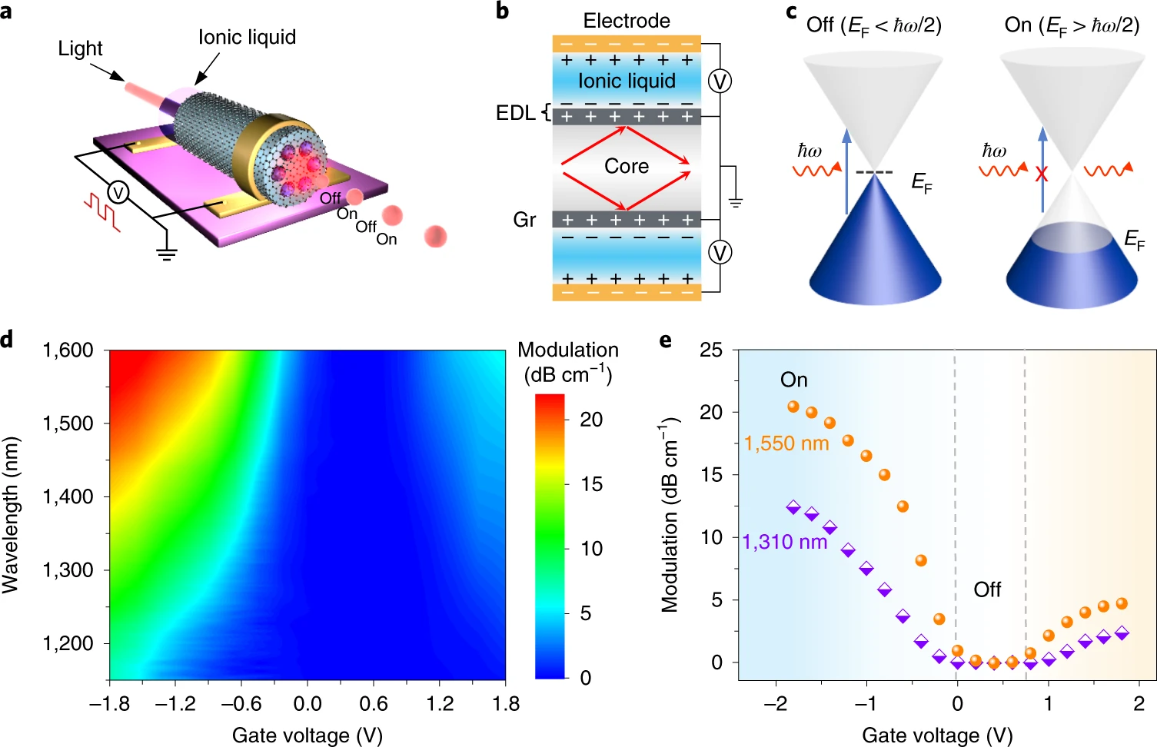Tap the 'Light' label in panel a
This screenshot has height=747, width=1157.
80,48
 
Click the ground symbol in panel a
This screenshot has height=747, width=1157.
166,253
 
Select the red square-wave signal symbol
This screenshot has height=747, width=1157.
102,212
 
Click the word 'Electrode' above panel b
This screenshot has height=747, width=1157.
627,21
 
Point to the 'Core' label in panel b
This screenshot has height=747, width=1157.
627,166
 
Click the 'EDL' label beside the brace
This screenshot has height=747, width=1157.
515,113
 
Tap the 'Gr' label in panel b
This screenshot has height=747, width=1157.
524,220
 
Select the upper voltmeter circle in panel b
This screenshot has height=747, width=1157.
720,81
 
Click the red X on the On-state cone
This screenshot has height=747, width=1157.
1042,174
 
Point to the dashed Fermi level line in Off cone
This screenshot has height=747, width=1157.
874,172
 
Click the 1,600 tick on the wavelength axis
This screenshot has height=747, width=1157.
68,350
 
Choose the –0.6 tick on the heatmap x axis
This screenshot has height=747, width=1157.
241,703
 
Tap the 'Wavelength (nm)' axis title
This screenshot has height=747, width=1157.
11,515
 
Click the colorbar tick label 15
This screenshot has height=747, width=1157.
591,484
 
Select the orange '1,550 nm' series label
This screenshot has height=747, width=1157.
786,443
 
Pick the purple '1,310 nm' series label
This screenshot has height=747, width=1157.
785,542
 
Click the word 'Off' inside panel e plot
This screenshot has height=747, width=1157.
987,589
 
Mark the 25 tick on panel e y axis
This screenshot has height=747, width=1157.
711,350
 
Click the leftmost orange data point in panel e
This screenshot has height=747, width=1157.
793,407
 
